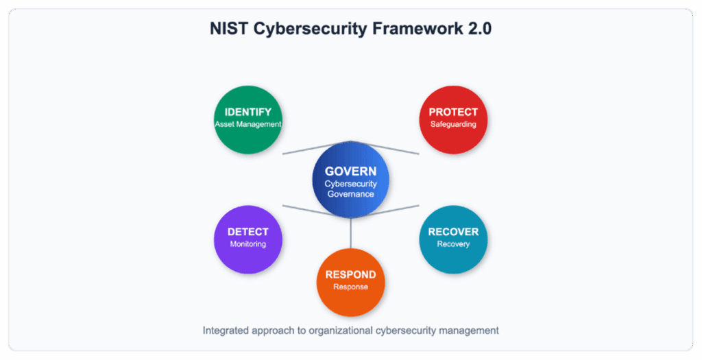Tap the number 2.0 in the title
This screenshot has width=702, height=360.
click(x=480, y=29)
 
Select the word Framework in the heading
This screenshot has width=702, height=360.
click(x=417, y=29)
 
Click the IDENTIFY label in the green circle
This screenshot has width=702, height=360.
click(x=248, y=112)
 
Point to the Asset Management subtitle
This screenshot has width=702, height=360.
click(x=248, y=124)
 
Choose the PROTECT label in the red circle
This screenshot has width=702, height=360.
click(x=453, y=112)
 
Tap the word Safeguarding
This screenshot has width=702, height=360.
click(x=453, y=125)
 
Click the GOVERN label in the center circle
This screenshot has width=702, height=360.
click(x=350, y=171)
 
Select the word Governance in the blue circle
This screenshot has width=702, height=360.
click(x=350, y=194)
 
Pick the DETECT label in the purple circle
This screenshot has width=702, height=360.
click(x=248, y=232)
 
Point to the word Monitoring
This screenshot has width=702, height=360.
click(x=248, y=244)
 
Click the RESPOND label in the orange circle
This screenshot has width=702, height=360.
click(x=350, y=274)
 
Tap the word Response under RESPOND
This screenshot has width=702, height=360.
click(x=350, y=287)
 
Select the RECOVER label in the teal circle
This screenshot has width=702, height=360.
click(x=453, y=232)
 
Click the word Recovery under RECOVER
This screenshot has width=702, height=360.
click(x=453, y=244)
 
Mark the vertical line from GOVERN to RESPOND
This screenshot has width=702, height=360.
click(x=350, y=233)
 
